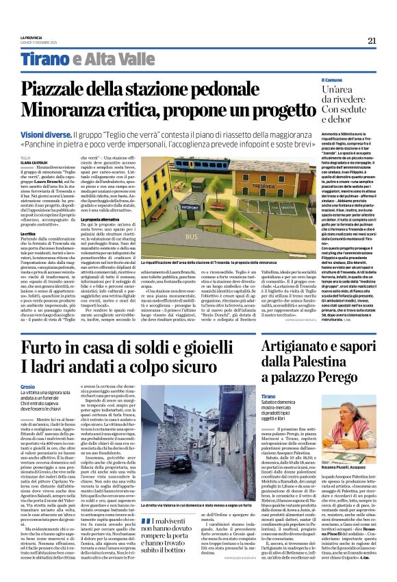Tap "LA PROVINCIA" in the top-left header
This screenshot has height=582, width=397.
tap(31, 37)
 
